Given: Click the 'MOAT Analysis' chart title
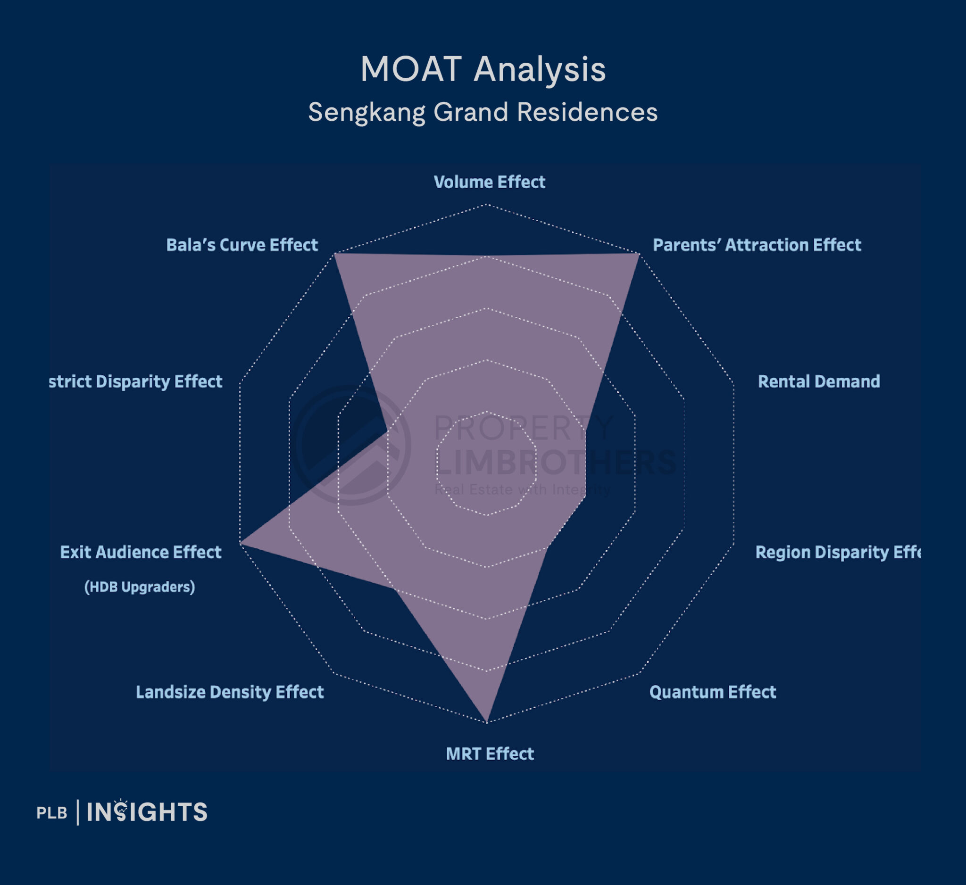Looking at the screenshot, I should (x=483, y=69).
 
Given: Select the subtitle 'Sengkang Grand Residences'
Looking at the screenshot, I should (x=483, y=112).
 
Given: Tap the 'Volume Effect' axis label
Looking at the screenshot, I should (x=489, y=182).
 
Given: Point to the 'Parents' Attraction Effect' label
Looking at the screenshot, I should (x=757, y=245).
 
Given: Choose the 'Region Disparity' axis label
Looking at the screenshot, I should (x=838, y=552).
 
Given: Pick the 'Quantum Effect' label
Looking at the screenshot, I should (x=713, y=692).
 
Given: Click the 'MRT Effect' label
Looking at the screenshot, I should (x=490, y=753).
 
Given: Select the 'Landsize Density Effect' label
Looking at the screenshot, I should (x=230, y=692).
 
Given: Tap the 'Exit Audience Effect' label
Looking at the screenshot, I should (x=141, y=552).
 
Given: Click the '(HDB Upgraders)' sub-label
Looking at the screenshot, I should (x=140, y=587).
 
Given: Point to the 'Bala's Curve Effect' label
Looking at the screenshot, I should (x=242, y=245).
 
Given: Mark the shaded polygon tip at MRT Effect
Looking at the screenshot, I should (x=487, y=721).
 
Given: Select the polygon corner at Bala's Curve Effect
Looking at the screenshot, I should (x=334, y=253).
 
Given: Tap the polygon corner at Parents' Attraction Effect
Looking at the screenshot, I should (x=639, y=254).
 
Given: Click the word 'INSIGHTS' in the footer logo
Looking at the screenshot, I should (x=147, y=812).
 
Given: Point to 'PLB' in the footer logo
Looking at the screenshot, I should (x=52, y=813).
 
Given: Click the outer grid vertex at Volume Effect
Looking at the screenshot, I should (x=487, y=205).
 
